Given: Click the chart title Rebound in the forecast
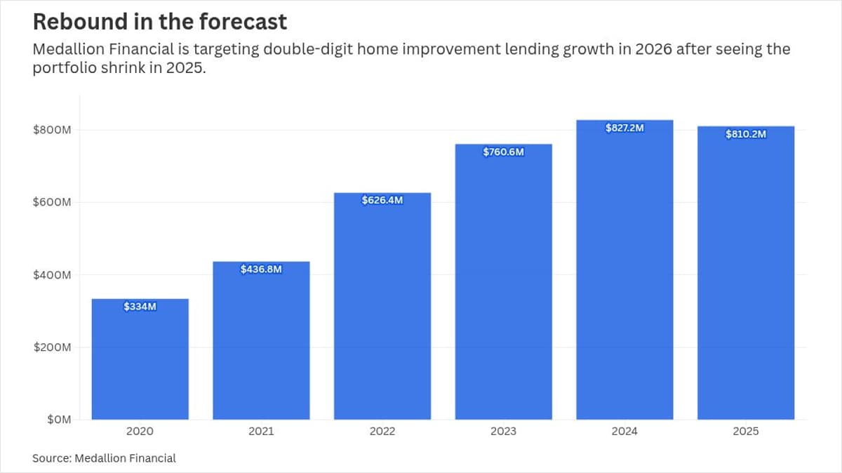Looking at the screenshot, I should [160, 22].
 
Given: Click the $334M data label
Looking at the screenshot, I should [140, 307].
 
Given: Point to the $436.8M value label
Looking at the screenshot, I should [261, 269].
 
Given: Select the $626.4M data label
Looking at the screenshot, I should [382, 200].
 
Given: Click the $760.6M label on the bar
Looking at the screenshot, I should [503, 152].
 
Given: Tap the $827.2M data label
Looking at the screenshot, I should [624, 128].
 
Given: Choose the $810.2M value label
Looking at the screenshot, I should [746, 134].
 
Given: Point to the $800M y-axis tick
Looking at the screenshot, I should [53, 131].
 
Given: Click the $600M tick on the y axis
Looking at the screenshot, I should [53, 203].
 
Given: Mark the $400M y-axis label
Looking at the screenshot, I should [53, 275].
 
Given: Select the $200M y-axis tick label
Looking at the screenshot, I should [53, 347].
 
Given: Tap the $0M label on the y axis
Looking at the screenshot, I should [59, 420].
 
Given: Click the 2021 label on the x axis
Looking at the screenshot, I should [261, 432].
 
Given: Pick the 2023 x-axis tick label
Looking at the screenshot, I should [503, 432].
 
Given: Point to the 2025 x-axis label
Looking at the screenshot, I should [746, 432].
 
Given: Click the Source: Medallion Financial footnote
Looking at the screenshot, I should [104, 458].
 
